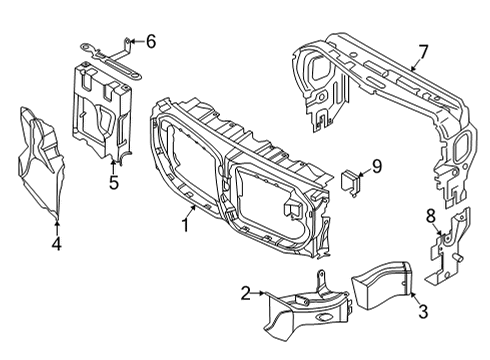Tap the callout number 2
click(x=244, y=293)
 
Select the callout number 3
click(x=423, y=312)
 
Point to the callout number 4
click(x=57, y=243)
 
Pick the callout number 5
click(x=114, y=182)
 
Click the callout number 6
click(x=151, y=41)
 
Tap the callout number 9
click(x=377, y=166)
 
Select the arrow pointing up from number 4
click(x=57, y=224)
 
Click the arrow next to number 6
click(x=135, y=41)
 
